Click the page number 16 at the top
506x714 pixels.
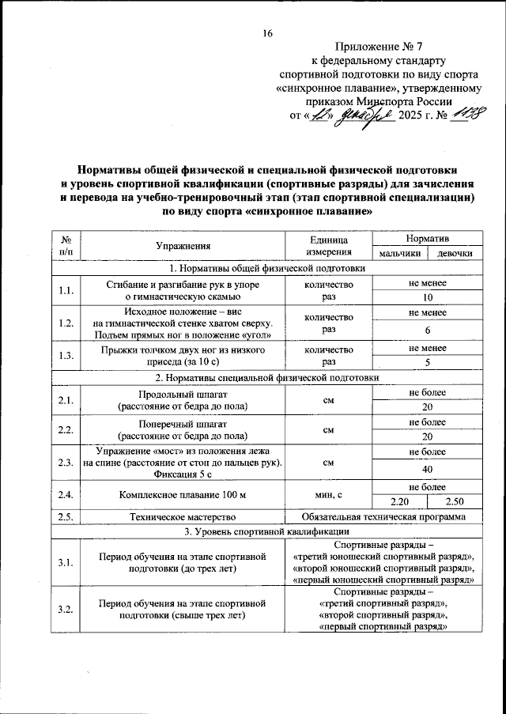(x=267, y=33)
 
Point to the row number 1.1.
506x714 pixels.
(x=66, y=290)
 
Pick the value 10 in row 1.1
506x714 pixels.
(x=427, y=298)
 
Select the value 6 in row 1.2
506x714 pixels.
(x=427, y=331)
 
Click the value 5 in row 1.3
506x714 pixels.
(x=427, y=363)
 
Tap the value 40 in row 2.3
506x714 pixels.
(x=427, y=469)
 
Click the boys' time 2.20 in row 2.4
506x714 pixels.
(x=399, y=501)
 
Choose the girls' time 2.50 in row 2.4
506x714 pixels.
(x=455, y=501)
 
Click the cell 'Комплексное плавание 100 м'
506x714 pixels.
(x=183, y=494)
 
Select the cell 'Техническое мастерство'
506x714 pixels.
(x=183, y=516)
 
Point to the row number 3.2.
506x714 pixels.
(x=66, y=609)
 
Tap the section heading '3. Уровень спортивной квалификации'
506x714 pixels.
(x=267, y=531)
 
